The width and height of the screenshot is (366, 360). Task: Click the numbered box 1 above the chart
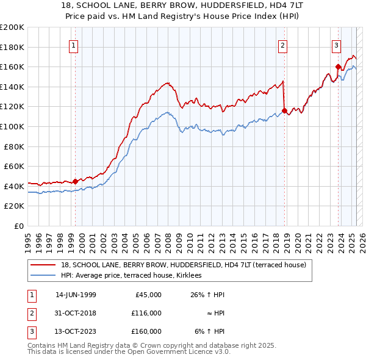[73, 45]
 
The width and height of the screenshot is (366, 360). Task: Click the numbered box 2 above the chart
[283, 45]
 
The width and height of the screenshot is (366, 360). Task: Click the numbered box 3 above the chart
[336, 45]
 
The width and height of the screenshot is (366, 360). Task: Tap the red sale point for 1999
[75, 181]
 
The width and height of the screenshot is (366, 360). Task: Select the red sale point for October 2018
[285, 110]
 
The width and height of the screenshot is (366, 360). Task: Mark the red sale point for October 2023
[338, 67]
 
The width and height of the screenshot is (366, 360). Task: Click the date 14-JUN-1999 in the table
[76, 295]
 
